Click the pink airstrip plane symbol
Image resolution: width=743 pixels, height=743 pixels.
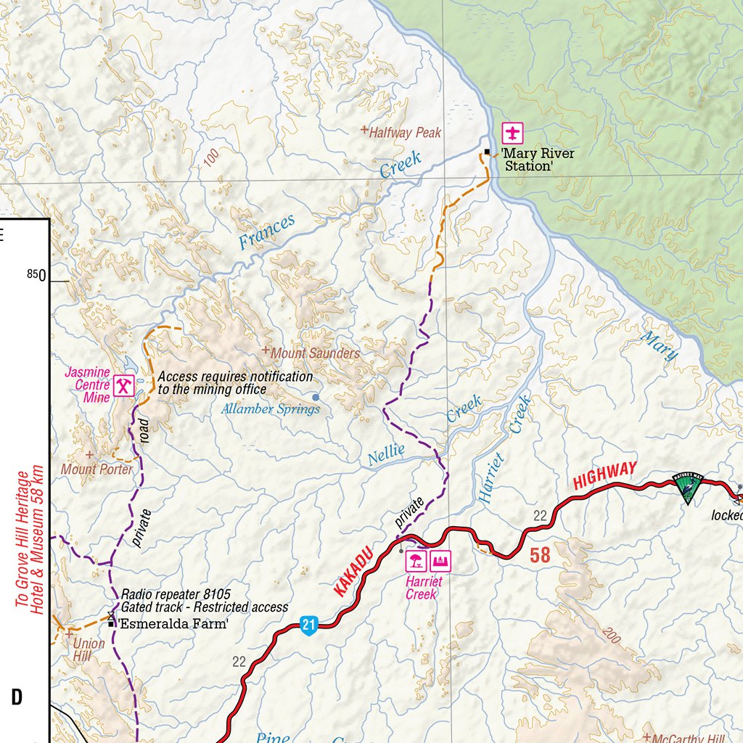tap(514, 134)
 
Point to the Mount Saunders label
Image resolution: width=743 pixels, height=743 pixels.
tap(315, 353)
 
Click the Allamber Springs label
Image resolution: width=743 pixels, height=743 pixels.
tap(271, 409)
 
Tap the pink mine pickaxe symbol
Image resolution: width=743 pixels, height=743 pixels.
tap(125, 385)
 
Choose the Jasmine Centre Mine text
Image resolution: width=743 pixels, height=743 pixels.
tap(88, 385)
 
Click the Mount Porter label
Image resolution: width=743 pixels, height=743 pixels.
tap(97, 469)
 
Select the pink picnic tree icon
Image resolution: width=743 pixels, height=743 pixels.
tap(416, 559)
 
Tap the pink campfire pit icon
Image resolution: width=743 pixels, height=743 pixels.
tap(441, 559)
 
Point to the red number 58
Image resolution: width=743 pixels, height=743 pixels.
tap(540, 555)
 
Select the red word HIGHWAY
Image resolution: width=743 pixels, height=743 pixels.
tap(604, 475)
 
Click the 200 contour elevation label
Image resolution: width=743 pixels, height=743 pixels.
tap(608, 636)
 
